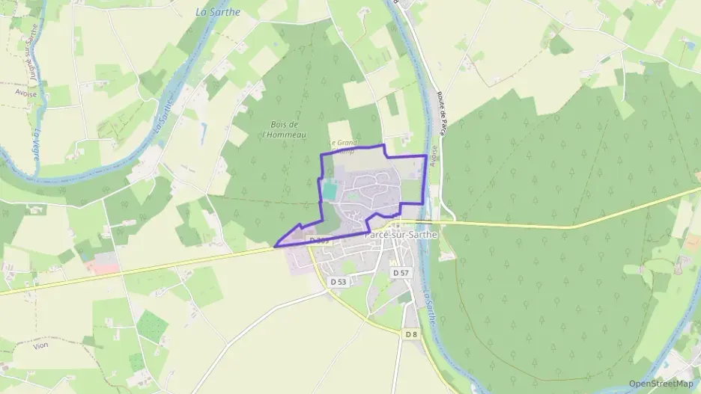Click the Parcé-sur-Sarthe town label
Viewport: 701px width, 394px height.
tap(399, 234)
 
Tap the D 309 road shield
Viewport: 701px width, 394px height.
tap(318, 240)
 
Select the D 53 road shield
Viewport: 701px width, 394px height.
tap(339, 282)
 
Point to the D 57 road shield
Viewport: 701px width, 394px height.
tap(401, 274)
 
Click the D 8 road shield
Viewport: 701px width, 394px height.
tap(411, 334)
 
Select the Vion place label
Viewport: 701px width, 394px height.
tap(40, 346)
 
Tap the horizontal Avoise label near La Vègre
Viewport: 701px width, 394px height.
tap(25, 93)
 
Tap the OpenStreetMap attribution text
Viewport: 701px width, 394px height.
tap(661, 384)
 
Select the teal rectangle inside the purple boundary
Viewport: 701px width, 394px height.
tap(330, 191)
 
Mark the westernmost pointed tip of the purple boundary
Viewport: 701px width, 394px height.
tap(276, 245)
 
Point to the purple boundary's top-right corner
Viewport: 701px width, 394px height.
tap(426, 156)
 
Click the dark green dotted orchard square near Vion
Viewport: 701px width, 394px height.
tap(153, 326)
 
